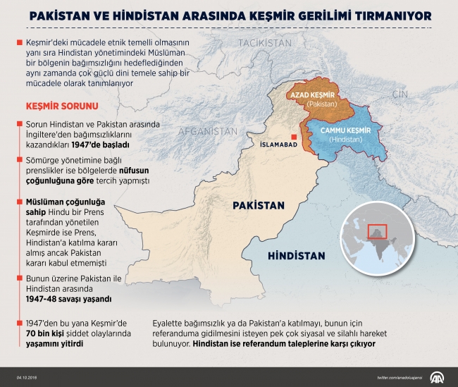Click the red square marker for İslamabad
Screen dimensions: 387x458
click(294, 137)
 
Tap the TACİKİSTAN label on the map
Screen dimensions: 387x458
click(264, 44)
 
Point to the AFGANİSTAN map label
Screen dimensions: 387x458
click(207, 131)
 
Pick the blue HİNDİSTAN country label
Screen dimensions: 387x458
click(296, 256)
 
